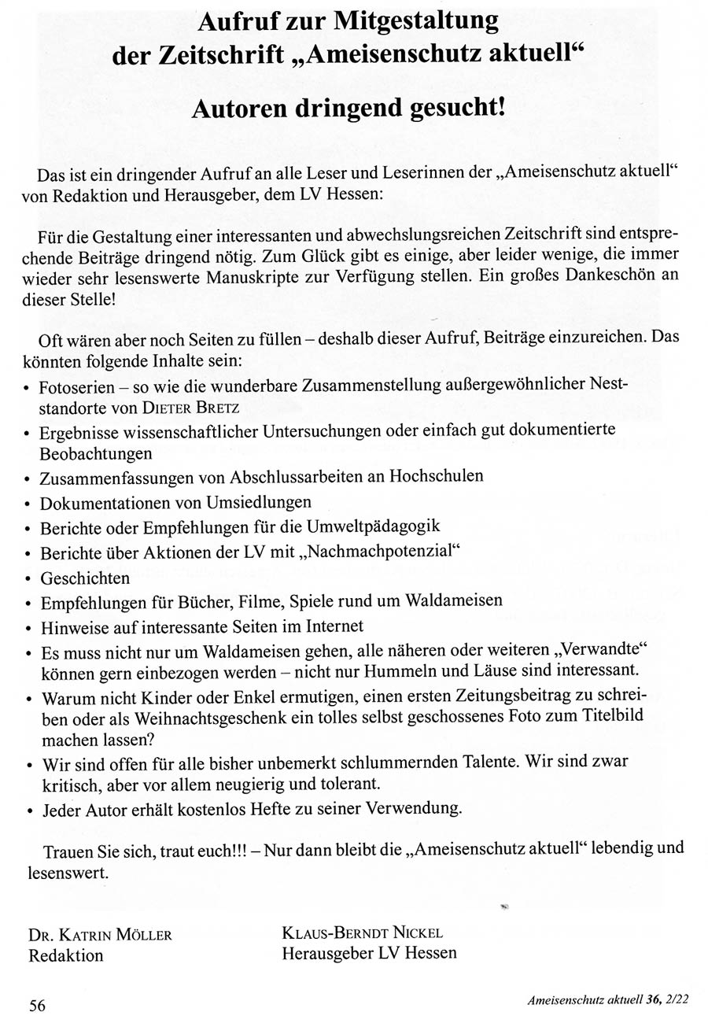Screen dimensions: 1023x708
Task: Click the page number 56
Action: point(37,1005)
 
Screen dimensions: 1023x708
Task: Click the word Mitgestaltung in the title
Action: point(417,20)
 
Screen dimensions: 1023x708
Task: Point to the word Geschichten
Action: point(85,578)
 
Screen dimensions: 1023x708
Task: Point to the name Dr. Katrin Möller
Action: point(100,936)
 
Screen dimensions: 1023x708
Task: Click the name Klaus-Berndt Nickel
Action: point(363,934)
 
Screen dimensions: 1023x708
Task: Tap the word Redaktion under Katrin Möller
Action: point(66,955)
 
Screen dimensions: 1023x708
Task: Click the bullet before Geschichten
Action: point(28,580)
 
